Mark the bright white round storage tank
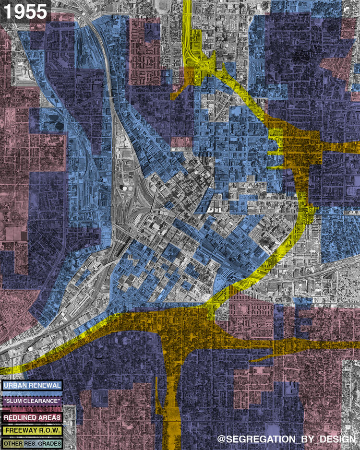pyautogui.click(x=125, y=188)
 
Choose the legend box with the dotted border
pyautogui.click(x=32, y=400)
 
